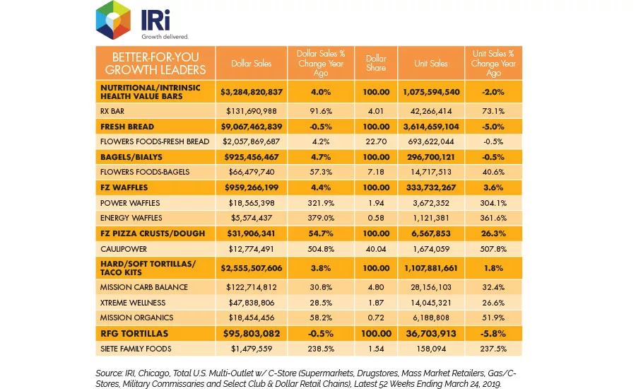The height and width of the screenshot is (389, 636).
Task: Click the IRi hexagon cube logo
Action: [x=114, y=21]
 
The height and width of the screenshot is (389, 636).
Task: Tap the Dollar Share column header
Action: [x=376, y=64]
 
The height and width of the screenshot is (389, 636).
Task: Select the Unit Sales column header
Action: [x=431, y=64]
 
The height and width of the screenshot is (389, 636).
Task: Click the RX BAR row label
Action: [x=112, y=111]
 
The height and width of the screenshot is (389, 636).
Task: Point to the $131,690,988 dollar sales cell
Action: [x=252, y=111]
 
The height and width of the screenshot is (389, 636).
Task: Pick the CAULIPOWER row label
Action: [x=123, y=249]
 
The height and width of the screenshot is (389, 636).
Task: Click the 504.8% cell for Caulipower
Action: [x=321, y=249]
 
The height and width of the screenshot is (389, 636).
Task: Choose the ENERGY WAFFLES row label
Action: [x=131, y=218]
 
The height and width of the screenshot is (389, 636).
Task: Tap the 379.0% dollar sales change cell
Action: [x=321, y=218]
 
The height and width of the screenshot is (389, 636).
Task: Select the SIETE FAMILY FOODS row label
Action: [x=136, y=349]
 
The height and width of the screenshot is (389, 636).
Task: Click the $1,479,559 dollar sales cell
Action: [x=252, y=349]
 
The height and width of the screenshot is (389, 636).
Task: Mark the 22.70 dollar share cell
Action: [x=376, y=141]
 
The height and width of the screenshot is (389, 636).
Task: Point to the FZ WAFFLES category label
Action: [x=124, y=187]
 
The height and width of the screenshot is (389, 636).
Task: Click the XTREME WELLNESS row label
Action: [x=133, y=303]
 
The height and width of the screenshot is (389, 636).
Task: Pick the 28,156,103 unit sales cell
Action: [x=431, y=287]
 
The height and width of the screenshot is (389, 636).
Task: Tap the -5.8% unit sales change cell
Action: [x=493, y=334]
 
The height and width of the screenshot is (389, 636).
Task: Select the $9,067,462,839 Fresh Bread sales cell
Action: [x=252, y=127]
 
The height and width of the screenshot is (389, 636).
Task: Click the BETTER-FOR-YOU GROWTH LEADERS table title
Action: [x=155, y=64]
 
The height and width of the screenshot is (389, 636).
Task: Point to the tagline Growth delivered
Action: [x=165, y=37]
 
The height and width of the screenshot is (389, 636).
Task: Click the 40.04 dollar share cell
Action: [x=376, y=249]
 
